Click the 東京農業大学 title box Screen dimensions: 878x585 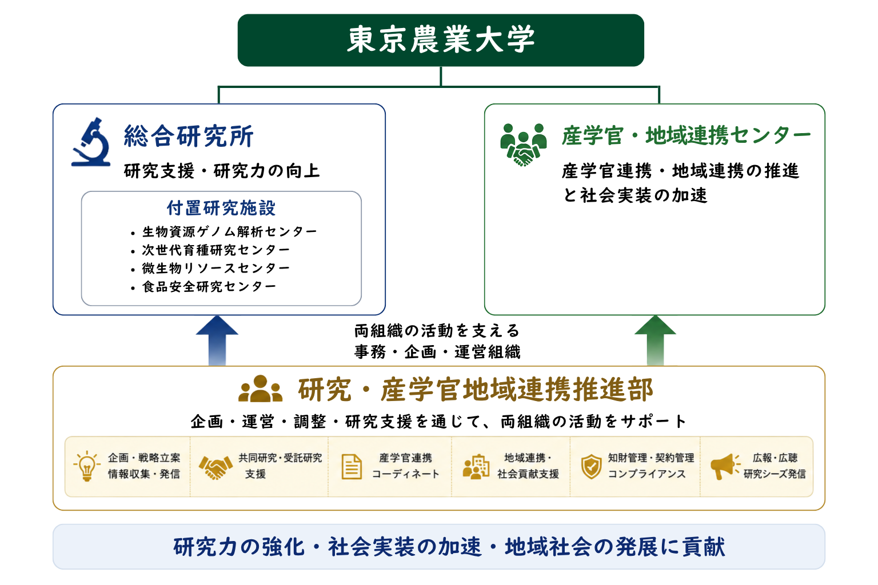click(441, 41)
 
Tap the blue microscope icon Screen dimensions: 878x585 click(91, 142)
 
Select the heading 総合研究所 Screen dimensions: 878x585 click(189, 137)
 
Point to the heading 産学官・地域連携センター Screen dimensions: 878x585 click(686, 135)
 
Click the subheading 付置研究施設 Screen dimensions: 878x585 click(221, 208)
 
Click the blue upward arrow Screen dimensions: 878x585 click(217, 340)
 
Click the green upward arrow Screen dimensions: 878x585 click(656, 340)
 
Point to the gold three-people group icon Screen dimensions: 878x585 click(260, 388)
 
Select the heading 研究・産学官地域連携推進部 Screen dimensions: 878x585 click(476, 390)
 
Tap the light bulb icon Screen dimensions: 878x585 click(87, 466)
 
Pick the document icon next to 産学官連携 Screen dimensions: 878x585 click(352, 467)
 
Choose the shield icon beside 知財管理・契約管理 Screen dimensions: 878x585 click(591, 467)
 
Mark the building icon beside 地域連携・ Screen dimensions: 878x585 click(476, 467)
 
